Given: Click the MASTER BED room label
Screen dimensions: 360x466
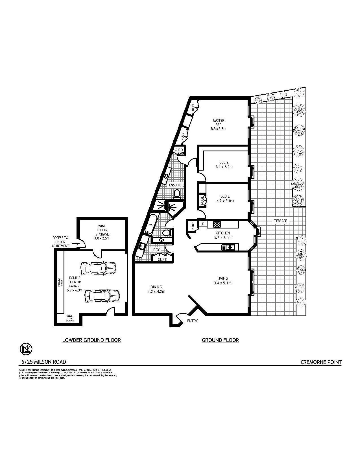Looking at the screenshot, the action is click(218, 125).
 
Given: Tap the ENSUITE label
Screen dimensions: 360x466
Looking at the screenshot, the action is click(175, 185).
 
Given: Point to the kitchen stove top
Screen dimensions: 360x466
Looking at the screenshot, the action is click(217, 224).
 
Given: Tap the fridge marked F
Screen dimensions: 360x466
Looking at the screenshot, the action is click(203, 224).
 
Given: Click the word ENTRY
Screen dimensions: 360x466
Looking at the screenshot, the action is click(192, 321).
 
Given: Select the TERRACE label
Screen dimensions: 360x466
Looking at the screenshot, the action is click(280, 221).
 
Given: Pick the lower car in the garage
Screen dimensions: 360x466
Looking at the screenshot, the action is click(102, 295).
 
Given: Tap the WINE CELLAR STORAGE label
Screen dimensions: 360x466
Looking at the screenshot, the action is click(102, 232).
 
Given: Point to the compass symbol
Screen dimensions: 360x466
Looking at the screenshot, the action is click(26, 349).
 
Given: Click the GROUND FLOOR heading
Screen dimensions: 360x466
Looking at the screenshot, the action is click(220, 340).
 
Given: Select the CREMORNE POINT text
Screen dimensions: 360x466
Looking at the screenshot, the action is click(321, 362).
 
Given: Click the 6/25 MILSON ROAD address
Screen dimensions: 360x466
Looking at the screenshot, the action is click(44, 362).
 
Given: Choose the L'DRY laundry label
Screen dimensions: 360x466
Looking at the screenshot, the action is click(155, 250).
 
